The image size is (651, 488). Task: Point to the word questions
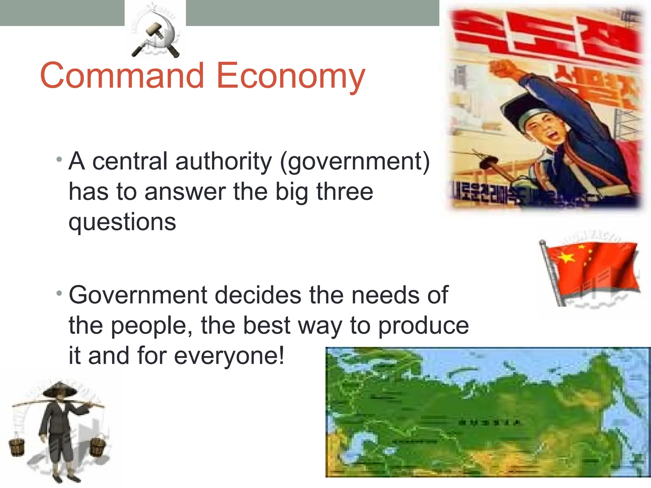122,222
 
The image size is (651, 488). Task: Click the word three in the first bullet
345,192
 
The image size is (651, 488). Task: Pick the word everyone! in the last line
229,356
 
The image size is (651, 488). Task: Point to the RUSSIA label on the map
490,423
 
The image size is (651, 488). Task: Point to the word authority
223,161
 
